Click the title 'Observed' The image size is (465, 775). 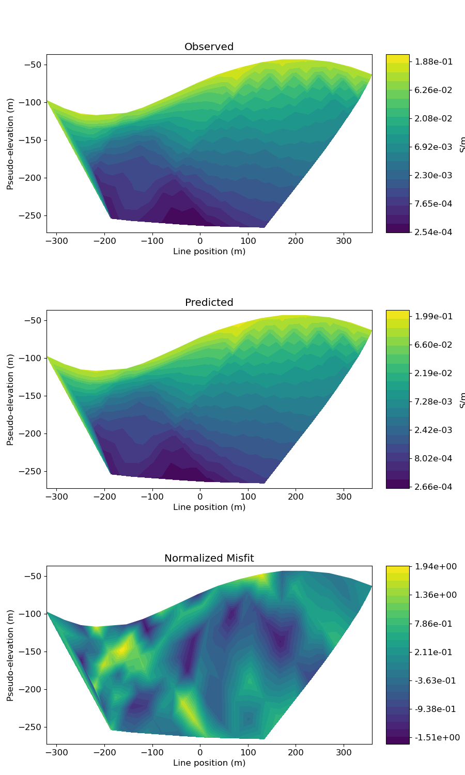[209, 47]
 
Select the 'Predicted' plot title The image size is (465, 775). [209, 303]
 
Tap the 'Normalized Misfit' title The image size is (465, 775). [209, 559]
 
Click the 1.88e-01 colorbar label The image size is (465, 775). [433, 61]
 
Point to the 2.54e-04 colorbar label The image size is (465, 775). [433, 232]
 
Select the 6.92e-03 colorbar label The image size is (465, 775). [433, 147]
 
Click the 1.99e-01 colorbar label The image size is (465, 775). [433, 316]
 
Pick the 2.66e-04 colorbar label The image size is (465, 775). [433, 487]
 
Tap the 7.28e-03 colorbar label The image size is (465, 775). [433, 401]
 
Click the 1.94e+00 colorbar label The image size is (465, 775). [435, 567]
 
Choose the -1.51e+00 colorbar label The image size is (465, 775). [437, 737]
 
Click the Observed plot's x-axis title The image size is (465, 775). [209, 252]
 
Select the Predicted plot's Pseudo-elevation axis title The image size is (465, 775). [10, 399]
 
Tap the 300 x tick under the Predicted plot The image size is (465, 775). [344, 497]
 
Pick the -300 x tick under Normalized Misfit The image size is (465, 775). [56, 752]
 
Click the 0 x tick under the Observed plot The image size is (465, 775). [200, 241]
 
